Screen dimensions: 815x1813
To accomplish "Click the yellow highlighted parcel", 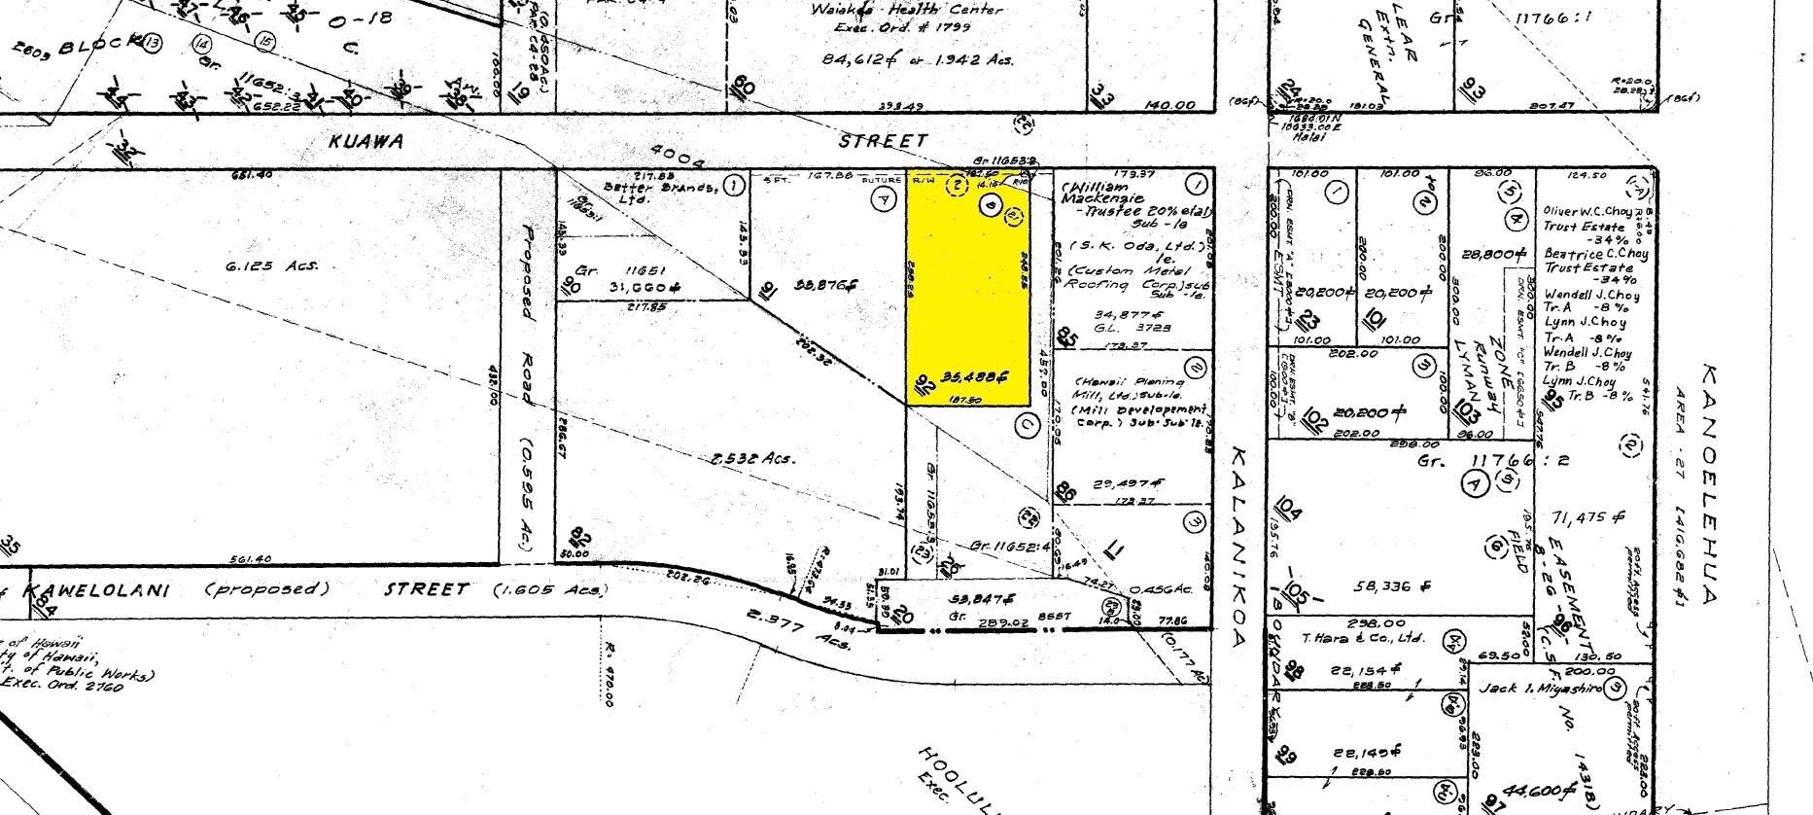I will [x=968, y=292].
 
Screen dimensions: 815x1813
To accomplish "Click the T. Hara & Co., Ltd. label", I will [x=1371, y=638].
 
